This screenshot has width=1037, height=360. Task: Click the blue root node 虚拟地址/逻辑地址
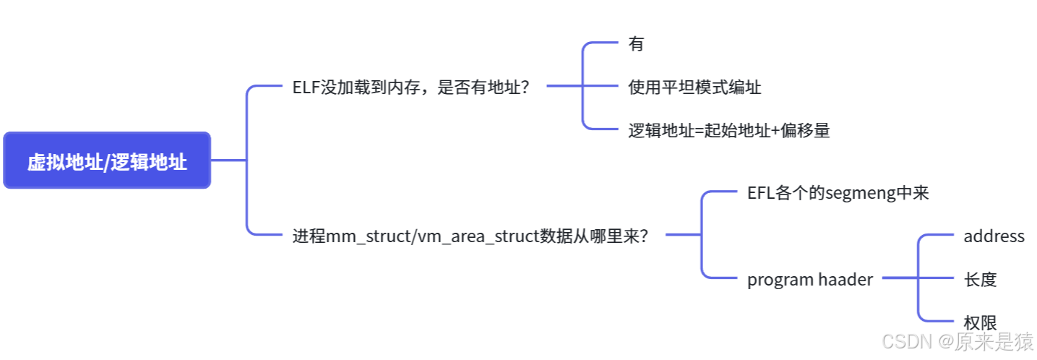[x=107, y=160]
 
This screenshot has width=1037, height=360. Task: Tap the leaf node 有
[x=636, y=44]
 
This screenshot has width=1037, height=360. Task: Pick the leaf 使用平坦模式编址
[x=694, y=87]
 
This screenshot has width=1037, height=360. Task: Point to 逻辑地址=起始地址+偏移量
[x=728, y=131]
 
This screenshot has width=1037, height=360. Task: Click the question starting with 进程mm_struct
[x=470, y=236]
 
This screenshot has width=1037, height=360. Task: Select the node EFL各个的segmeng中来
[x=838, y=193]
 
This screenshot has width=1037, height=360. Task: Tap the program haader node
[x=809, y=279]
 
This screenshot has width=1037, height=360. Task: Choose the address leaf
[x=994, y=236]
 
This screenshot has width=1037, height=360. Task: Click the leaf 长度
[x=980, y=279]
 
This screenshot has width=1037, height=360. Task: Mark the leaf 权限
[x=980, y=322]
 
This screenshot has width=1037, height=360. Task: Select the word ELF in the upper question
[x=304, y=87]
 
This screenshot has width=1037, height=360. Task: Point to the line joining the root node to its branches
[x=228, y=160]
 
